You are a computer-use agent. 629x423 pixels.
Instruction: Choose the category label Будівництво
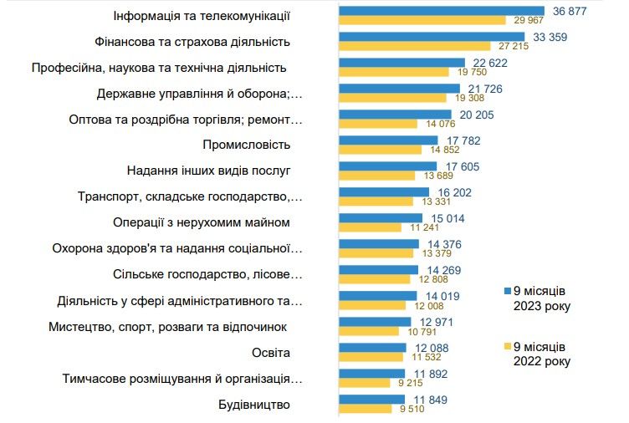pos(253,405)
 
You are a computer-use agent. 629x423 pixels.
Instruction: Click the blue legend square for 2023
pos(506,290)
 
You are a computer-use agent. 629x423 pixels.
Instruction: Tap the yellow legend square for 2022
pos(506,345)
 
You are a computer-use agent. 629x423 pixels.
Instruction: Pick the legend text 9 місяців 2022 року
pos(542,354)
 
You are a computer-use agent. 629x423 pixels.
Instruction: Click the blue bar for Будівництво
pos(372,400)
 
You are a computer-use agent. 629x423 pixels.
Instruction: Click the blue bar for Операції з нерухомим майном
pos(381,218)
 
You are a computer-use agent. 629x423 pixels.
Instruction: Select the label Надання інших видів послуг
pos(208,171)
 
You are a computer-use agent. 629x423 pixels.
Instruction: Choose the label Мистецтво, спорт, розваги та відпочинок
pos(167,326)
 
